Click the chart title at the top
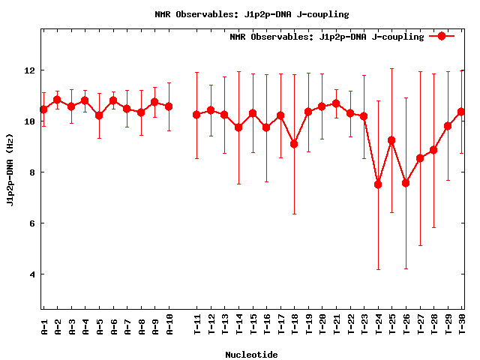pos(251,14)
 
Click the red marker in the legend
pos(442,36)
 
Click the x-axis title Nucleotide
pos(251,355)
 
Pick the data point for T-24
pos(378,184)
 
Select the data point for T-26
pos(406,183)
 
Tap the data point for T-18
pos(294,144)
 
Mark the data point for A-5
pos(99,115)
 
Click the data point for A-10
pos(169,106)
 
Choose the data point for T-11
pos(196,115)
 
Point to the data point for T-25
pos(391,140)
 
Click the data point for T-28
pos(433,150)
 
